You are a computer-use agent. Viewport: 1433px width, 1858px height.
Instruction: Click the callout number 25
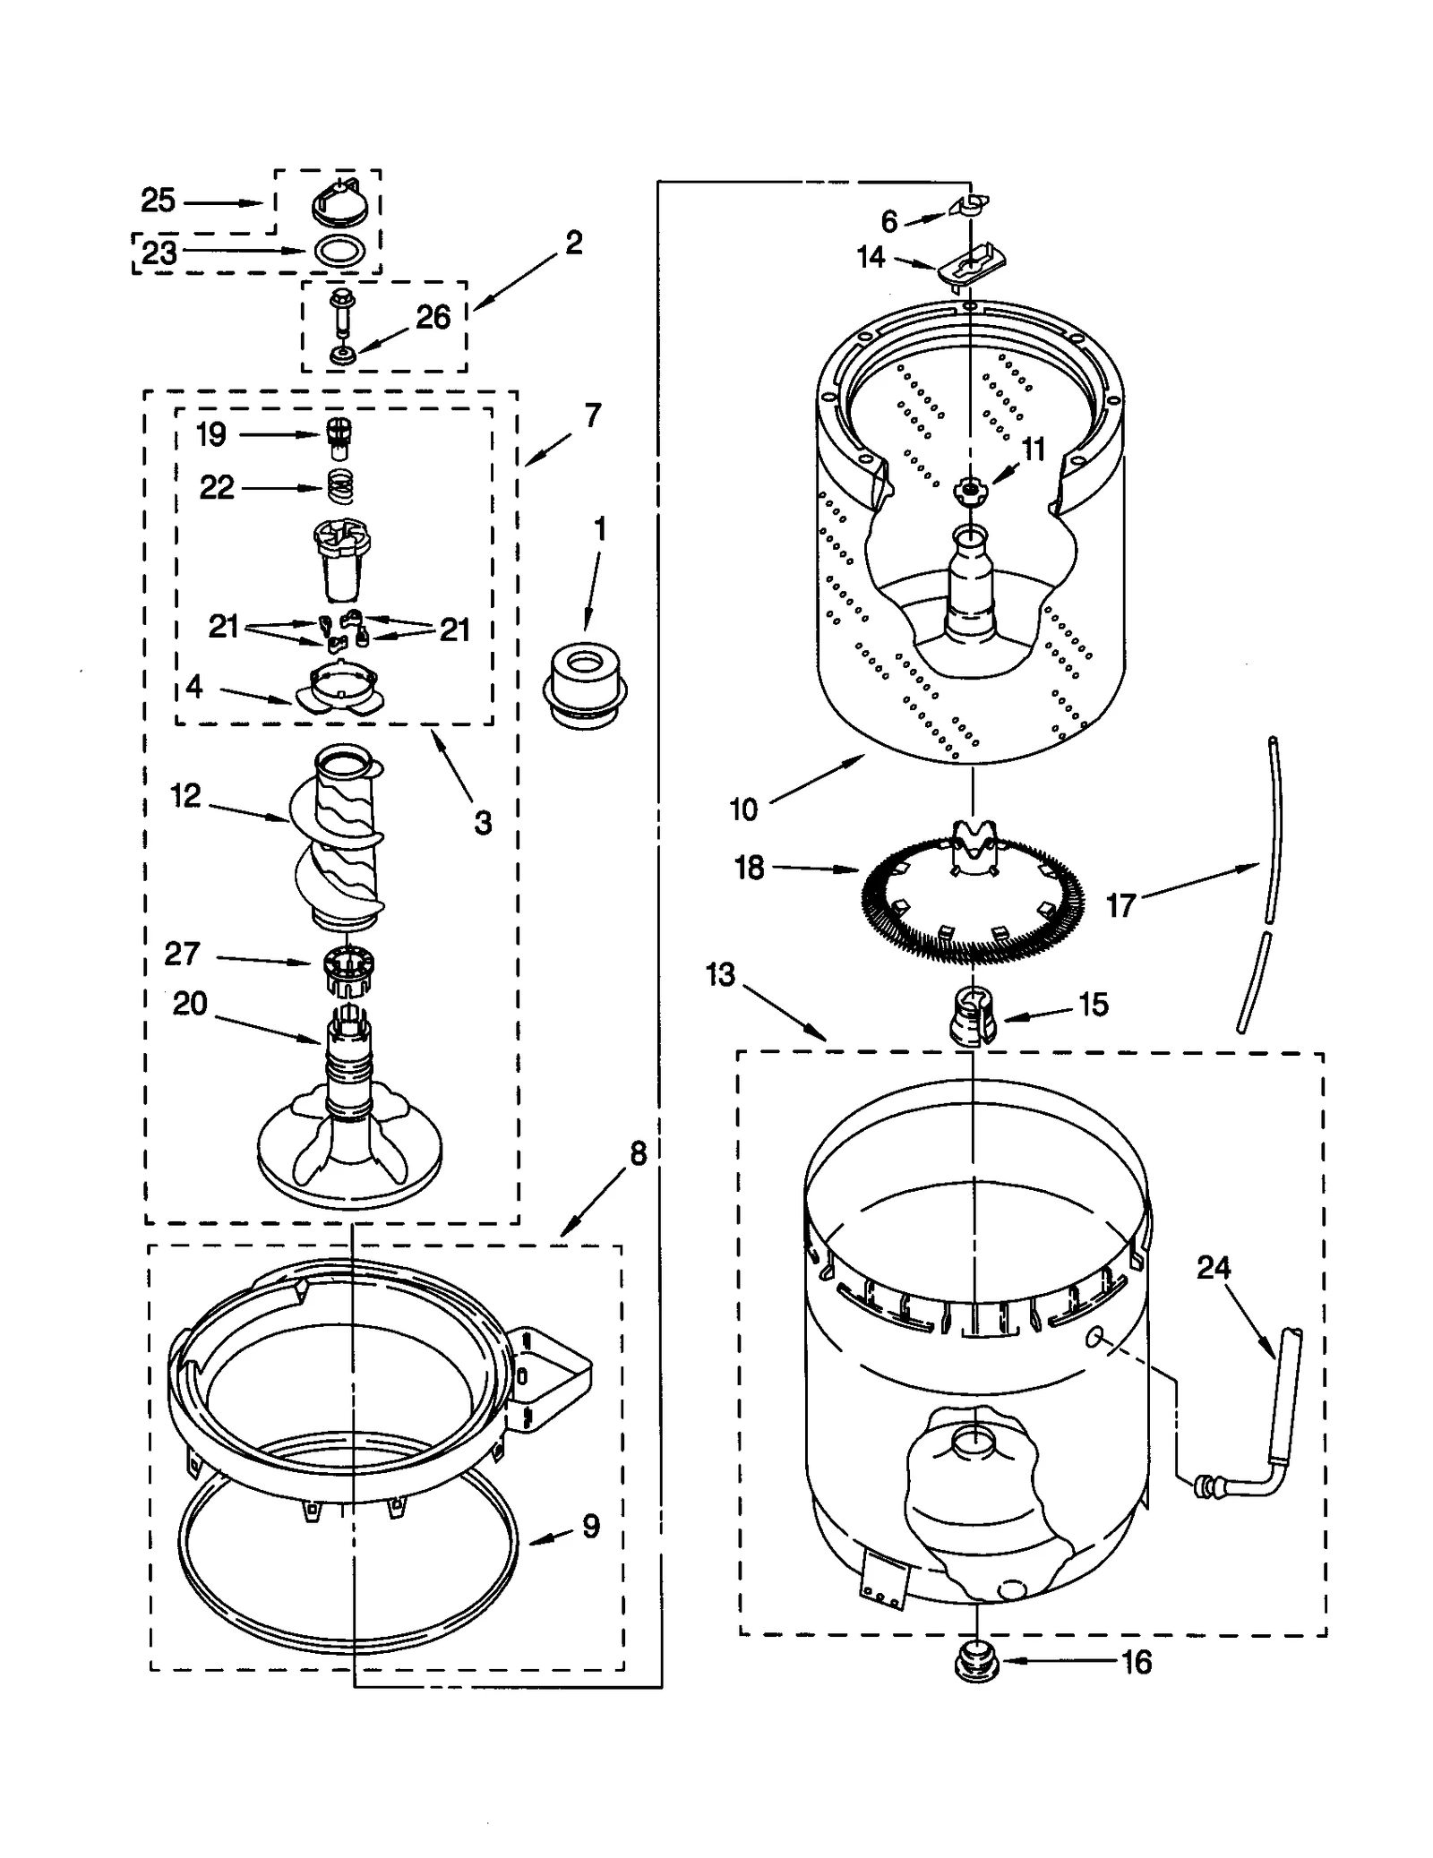(x=158, y=201)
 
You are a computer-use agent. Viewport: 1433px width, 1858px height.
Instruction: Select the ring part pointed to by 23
(x=339, y=252)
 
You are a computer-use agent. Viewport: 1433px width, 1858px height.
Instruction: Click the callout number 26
(x=433, y=317)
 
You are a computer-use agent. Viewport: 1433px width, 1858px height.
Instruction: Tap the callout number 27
(x=182, y=954)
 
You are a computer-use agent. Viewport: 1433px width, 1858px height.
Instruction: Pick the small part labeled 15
(x=973, y=1015)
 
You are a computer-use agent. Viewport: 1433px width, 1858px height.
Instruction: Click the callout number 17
(x=1120, y=905)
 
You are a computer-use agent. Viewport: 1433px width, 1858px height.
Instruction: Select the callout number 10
(x=743, y=809)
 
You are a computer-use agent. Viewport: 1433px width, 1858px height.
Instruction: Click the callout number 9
(x=590, y=1526)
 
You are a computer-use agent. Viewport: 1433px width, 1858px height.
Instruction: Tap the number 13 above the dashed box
(x=720, y=974)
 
